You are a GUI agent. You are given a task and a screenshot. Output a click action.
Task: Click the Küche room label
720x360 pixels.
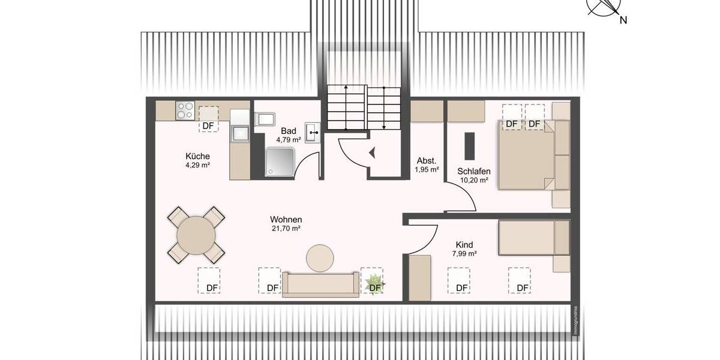pyautogui.click(x=197, y=156)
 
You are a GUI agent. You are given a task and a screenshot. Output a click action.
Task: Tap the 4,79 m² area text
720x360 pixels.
pyautogui.click(x=289, y=140)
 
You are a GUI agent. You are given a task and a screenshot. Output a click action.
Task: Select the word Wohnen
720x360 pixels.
pyautogui.click(x=286, y=219)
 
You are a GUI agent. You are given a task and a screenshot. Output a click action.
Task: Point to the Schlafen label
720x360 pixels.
pyautogui.click(x=473, y=170)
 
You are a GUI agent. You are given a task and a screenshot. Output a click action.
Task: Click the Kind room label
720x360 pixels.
pyautogui.click(x=464, y=244)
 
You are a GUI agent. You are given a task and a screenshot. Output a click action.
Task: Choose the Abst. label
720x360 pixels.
pyautogui.click(x=426, y=160)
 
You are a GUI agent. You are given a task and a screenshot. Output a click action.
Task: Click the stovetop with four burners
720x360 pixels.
pyautogui.click(x=185, y=110)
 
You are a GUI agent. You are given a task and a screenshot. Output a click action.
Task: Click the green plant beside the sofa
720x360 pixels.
pyautogui.click(x=374, y=283)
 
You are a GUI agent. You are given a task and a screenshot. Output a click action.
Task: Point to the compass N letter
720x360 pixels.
pyautogui.click(x=623, y=20)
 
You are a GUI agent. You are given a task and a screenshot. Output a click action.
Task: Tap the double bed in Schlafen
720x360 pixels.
pyautogui.click(x=528, y=154)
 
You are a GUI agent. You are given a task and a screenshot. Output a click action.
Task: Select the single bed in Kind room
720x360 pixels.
pyautogui.click(x=533, y=238)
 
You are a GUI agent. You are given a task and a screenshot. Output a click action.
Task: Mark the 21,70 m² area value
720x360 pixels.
pyautogui.click(x=286, y=229)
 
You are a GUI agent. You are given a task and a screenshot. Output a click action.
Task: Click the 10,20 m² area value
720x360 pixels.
pyautogui.click(x=473, y=179)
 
